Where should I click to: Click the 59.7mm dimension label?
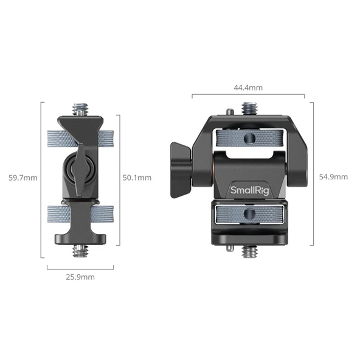point(23,178)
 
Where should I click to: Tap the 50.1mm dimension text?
point(137,178)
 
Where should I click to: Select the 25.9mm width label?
point(80,277)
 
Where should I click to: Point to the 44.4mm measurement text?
point(248,88)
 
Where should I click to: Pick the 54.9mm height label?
point(333,177)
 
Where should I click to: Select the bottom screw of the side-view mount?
point(80,250)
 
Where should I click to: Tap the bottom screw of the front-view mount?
point(248,250)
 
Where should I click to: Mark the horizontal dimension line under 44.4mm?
point(248,95)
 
